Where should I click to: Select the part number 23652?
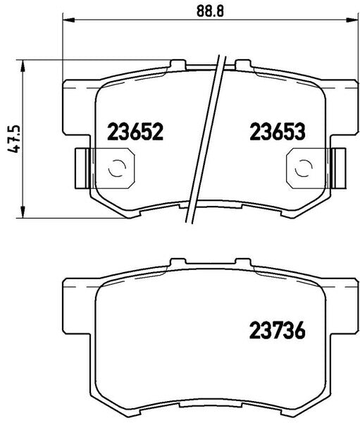pyautogui.click(x=135, y=132)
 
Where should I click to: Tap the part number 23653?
pyautogui.click(x=275, y=132)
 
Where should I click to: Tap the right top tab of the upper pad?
pyautogui.click(x=243, y=66)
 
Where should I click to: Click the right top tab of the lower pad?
pyautogui.click(x=243, y=262)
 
